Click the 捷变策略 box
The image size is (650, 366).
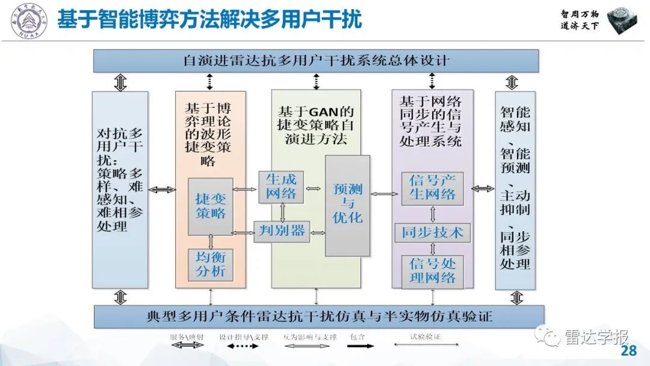coord(210,206)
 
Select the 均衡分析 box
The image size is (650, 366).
coord(210,264)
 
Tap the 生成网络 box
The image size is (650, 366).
coord(281,186)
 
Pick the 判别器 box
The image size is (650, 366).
coord(282,231)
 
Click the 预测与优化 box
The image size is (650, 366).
coord(347,205)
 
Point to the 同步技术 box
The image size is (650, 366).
coord(432,232)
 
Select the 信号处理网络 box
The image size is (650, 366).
coord(432,270)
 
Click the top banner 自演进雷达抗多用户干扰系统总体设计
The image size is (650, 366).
coord(316,61)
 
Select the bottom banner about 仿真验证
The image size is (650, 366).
coord(318,316)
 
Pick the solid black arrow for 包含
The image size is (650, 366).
coord(361,346)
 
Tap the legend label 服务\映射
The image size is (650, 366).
coord(187,337)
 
